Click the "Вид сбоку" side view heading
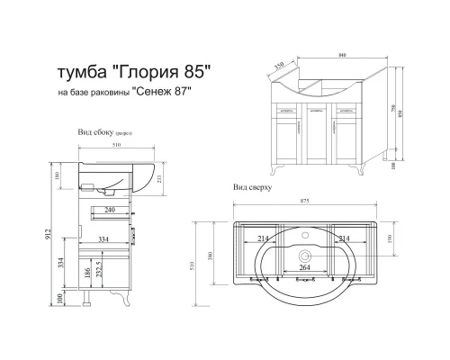[x=97, y=132]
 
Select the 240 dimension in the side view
[x=108, y=209]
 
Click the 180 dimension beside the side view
[x=58, y=175]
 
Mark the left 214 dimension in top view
[x=263, y=238]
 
